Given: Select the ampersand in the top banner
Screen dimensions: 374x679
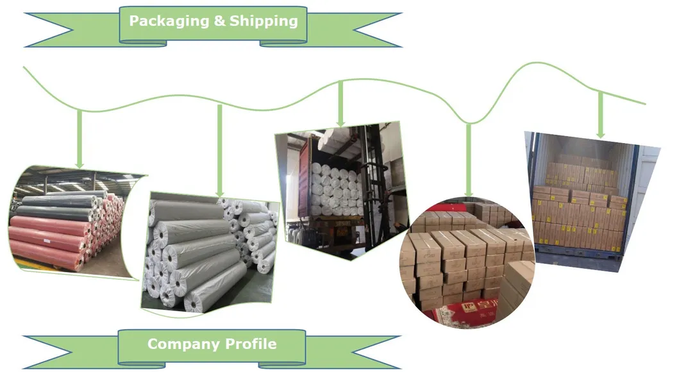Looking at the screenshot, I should pyautogui.click(x=219, y=21).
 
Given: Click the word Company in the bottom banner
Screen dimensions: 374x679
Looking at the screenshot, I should pyautogui.click(x=176, y=344).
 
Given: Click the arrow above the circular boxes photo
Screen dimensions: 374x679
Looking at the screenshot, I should pyautogui.click(x=469, y=160).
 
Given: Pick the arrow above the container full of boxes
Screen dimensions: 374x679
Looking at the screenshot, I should pyautogui.click(x=600, y=115).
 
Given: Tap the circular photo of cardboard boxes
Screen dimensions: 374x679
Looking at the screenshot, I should pyautogui.click(x=467, y=263).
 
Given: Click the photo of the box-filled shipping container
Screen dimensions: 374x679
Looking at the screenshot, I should pyautogui.click(x=583, y=199).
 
